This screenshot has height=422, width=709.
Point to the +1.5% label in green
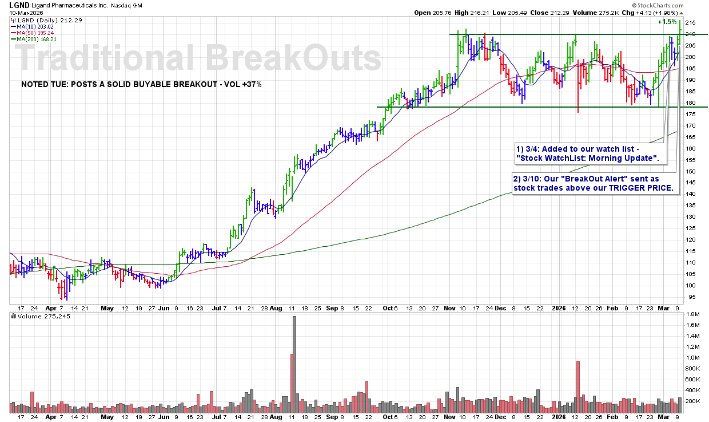(667, 22)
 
